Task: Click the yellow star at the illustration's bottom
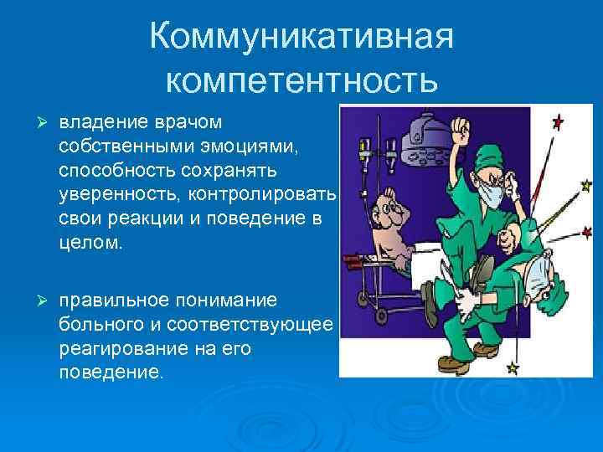tap(513, 367)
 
